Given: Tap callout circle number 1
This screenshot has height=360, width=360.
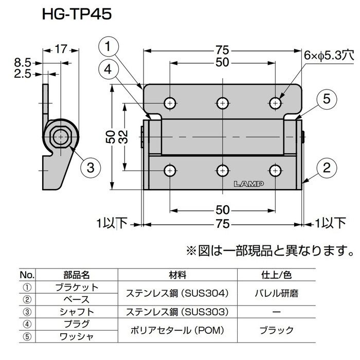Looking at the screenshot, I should pos(107,48).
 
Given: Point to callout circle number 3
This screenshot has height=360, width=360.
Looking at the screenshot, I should pos(90,166).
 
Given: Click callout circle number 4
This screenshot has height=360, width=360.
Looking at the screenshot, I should pos(107,69).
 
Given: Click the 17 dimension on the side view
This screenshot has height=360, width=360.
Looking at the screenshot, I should pos(61,50).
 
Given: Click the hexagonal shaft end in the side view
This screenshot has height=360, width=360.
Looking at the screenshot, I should pos(61,136).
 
